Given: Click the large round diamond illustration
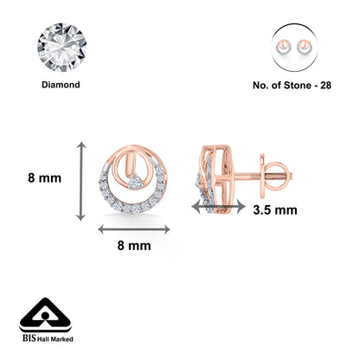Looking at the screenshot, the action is click(61, 48).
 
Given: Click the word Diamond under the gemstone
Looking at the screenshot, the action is click(61, 85).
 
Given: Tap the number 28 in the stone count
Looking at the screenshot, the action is click(325, 86).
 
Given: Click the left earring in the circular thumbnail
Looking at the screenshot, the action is click(284, 48).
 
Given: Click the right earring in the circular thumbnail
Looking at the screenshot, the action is click(304, 48).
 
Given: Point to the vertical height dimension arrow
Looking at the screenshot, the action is click(81, 181).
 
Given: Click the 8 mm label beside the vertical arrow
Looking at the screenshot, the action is click(45, 178).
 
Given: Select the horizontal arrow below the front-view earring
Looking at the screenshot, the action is click(134, 229).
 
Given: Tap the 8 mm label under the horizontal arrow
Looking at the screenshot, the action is click(134, 246).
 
